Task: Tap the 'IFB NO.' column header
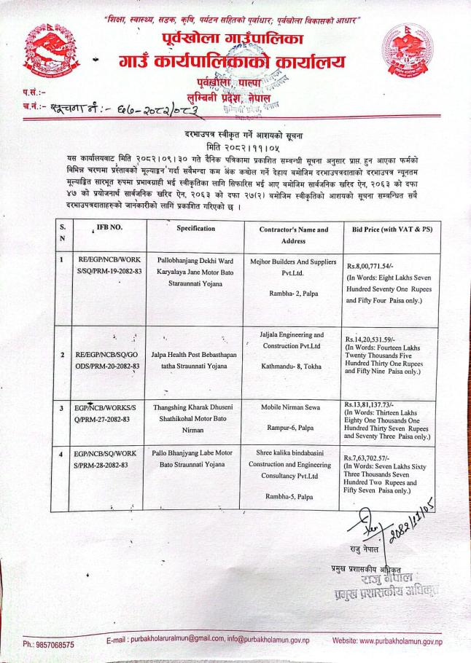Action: click(x=105, y=229)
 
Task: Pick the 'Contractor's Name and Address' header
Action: click(x=294, y=235)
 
